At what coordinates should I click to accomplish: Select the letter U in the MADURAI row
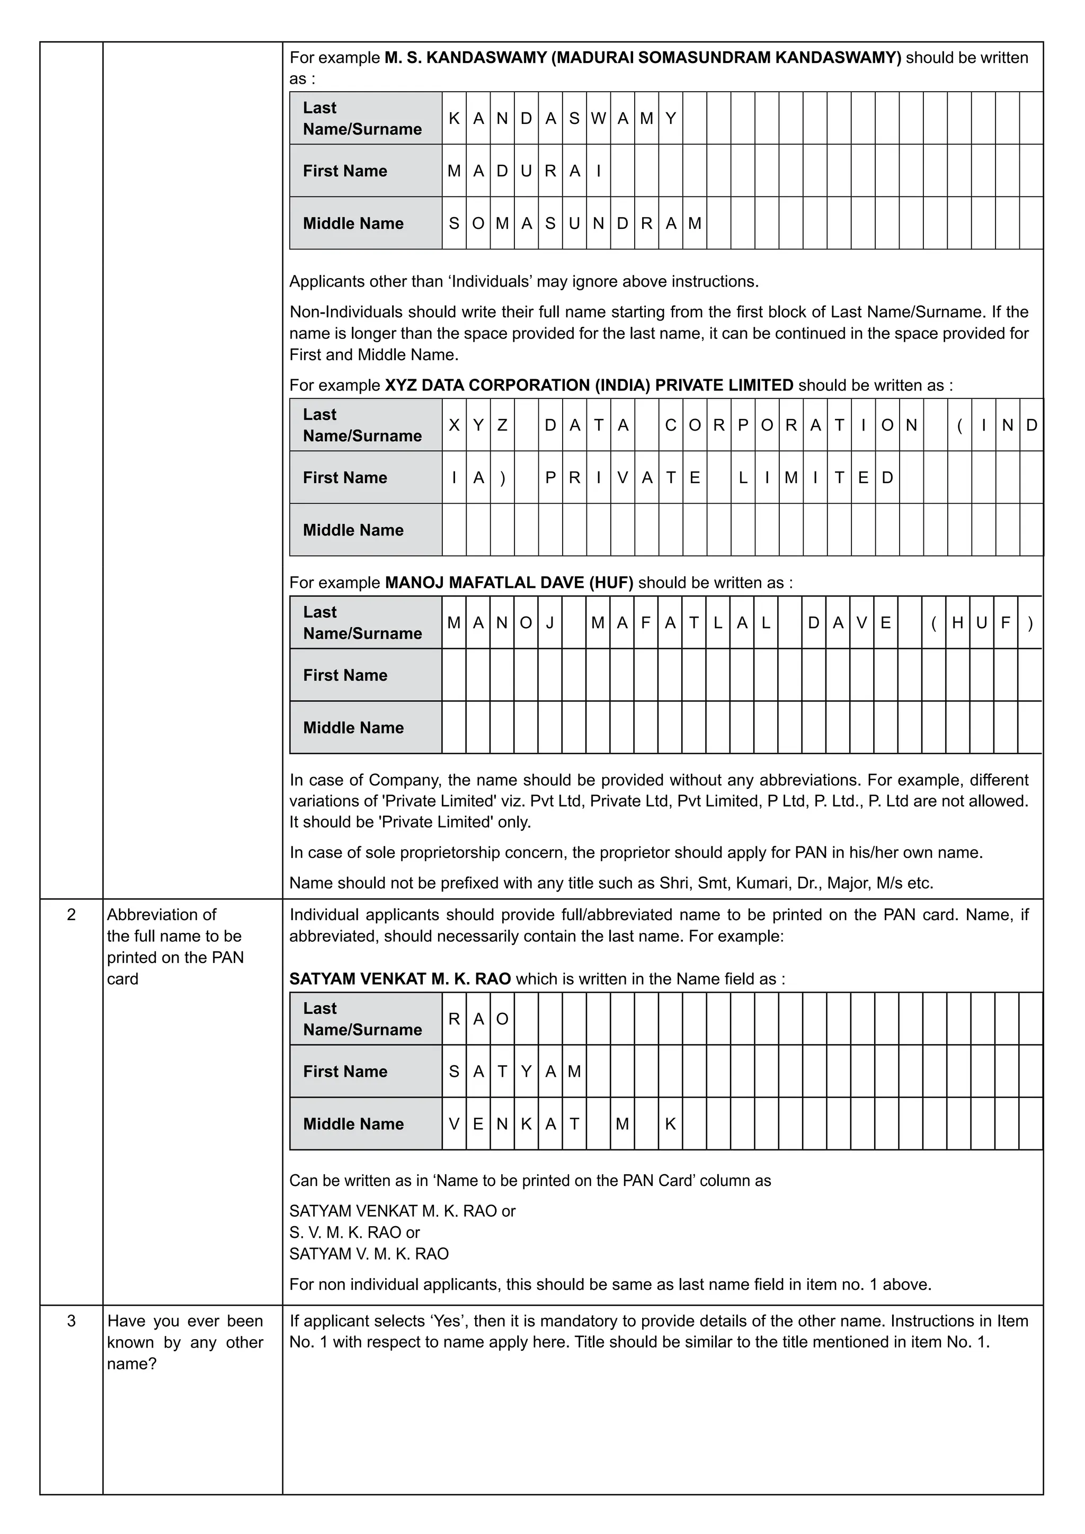pos(526,171)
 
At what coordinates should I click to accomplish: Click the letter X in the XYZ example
pos(453,425)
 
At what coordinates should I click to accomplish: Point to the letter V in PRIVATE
pos(622,478)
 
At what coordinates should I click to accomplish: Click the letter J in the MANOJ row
pos(550,623)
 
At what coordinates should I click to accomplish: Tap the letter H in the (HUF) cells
pos(957,623)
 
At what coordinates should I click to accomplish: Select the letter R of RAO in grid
pos(453,1019)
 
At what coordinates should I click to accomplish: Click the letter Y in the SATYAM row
pos(526,1072)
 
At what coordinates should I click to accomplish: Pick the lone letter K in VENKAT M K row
pos(670,1124)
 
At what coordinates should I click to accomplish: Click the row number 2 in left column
pos(72,915)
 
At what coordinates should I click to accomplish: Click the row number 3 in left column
pos(72,1321)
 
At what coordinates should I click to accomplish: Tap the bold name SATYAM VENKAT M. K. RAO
pos(399,979)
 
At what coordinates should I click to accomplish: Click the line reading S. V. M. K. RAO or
pos(354,1232)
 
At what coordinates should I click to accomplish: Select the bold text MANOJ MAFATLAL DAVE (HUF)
pos(509,583)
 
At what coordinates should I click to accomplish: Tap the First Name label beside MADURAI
pos(345,171)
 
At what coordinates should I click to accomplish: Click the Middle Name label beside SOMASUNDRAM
pos(353,223)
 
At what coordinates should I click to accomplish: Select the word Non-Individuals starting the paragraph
pos(345,312)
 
